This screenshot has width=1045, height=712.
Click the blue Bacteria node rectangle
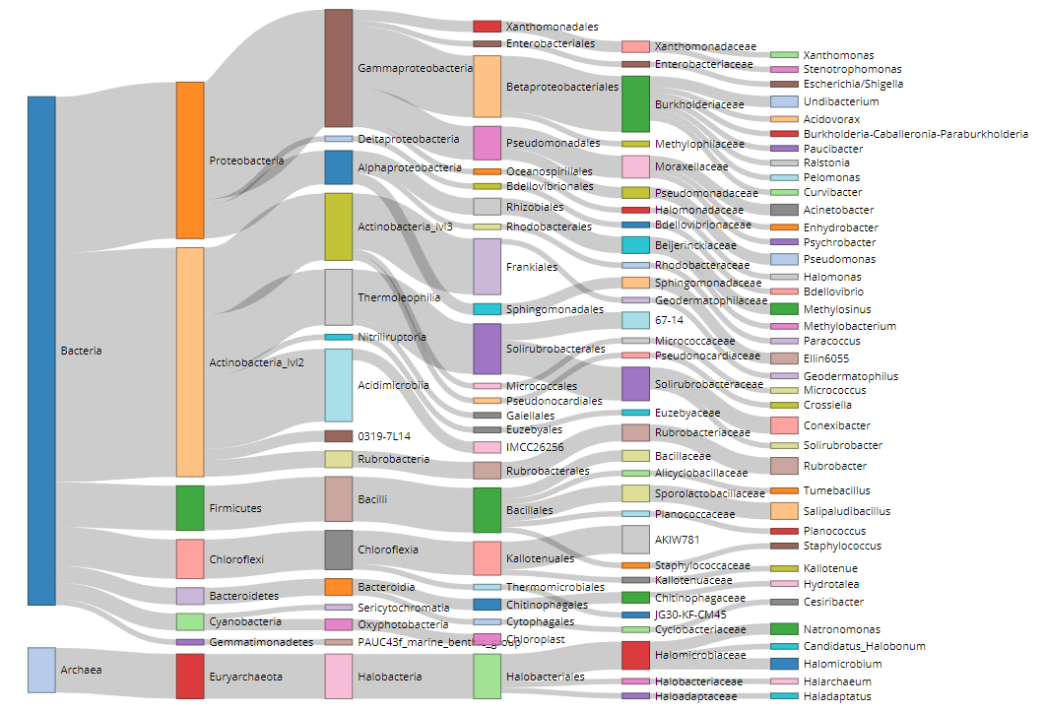click(x=41, y=350)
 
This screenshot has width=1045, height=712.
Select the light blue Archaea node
click(x=41, y=670)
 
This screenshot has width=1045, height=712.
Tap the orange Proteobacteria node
click(x=190, y=160)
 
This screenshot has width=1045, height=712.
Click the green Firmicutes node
click(x=190, y=507)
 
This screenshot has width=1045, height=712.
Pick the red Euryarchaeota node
click(x=190, y=676)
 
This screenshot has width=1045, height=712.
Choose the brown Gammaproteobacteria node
click(x=339, y=68)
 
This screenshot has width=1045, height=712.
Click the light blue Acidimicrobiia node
click(x=339, y=385)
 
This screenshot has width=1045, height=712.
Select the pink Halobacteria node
click(x=339, y=676)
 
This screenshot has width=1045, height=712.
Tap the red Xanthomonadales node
click(x=488, y=27)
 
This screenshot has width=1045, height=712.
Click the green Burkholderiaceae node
click(x=635, y=103)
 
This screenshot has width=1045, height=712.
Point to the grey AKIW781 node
click(x=635, y=539)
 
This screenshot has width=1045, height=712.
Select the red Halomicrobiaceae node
click(x=635, y=655)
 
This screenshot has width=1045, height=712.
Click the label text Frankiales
click(x=532, y=267)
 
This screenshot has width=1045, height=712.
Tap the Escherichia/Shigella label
click(x=853, y=84)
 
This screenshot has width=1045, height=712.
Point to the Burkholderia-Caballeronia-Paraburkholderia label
click(x=916, y=133)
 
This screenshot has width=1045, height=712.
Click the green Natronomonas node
click(x=784, y=628)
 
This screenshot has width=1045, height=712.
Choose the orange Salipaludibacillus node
click(x=784, y=511)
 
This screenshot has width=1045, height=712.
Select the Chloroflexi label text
click(x=237, y=559)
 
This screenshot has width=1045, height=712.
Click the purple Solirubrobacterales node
click(x=488, y=349)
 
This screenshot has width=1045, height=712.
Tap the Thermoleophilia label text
click(x=399, y=297)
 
